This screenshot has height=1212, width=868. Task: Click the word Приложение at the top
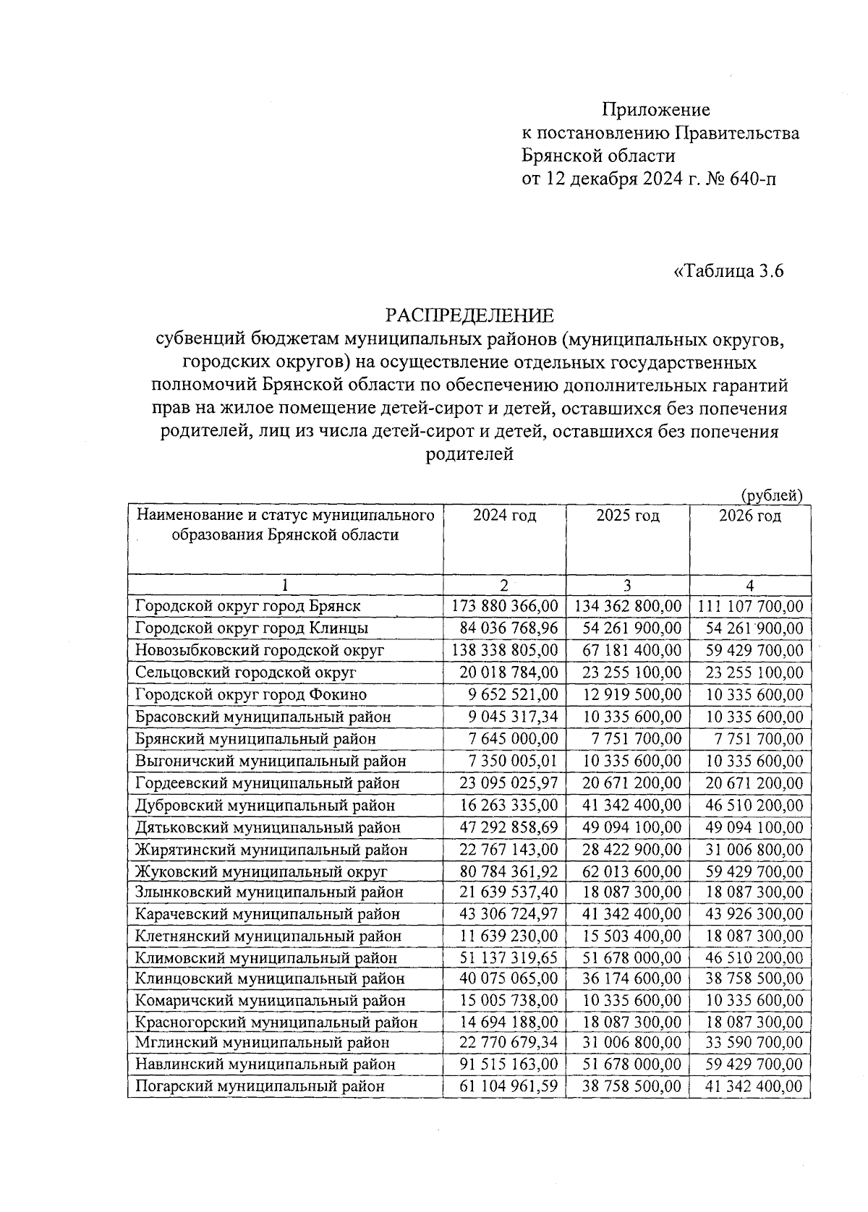click(x=656, y=110)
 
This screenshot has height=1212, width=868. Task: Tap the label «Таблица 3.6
click(x=728, y=272)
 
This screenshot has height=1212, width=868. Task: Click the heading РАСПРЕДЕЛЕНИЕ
click(x=469, y=316)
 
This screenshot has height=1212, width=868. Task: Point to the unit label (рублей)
click(x=772, y=495)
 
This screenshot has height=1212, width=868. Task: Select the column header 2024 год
click(x=504, y=516)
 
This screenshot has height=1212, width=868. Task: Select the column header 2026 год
click(x=750, y=516)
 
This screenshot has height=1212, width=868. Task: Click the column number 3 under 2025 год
click(x=627, y=585)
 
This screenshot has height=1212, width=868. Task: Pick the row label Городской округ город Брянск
click(x=248, y=606)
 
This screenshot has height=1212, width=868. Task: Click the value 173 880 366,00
click(x=504, y=606)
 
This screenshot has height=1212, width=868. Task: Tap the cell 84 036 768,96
click(x=509, y=628)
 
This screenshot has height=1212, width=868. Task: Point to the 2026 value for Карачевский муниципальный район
click(x=754, y=914)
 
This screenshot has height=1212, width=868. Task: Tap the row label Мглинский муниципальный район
click(x=262, y=1043)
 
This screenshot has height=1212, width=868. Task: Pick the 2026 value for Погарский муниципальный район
click(x=754, y=1086)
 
